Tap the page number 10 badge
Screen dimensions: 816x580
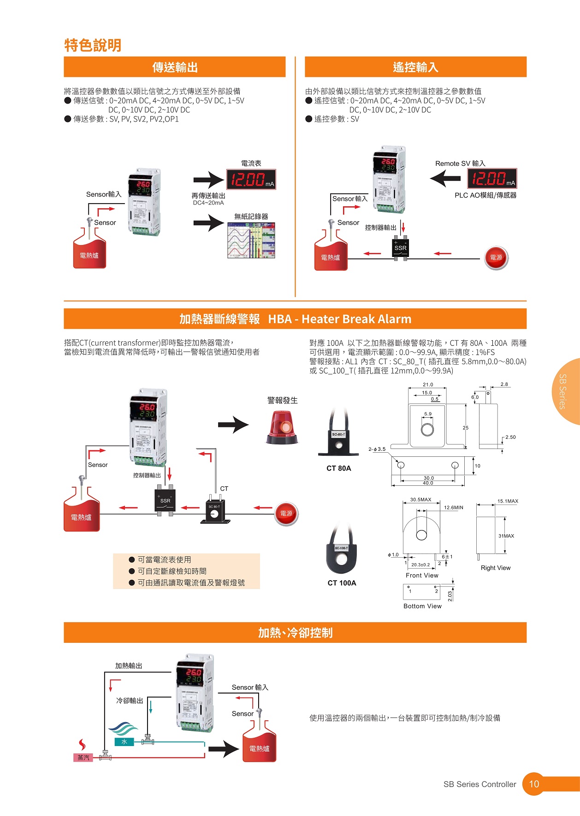click(x=533, y=784)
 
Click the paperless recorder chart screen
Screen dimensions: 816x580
click(x=251, y=240)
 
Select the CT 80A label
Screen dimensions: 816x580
click(x=338, y=468)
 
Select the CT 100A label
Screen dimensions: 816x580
click(x=342, y=583)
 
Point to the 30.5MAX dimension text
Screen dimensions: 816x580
click(x=420, y=500)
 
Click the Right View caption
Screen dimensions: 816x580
click(x=495, y=568)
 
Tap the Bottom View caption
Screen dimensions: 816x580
click(x=422, y=606)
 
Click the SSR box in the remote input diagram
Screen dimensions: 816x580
click(x=400, y=248)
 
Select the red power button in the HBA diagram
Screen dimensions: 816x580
click(x=286, y=513)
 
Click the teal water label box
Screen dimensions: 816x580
click(x=124, y=742)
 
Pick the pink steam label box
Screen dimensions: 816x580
click(x=83, y=758)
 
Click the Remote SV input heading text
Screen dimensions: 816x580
click(x=460, y=163)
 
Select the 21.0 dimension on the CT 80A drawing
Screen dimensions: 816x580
click(x=427, y=385)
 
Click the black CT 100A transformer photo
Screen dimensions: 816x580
click(x=341, y=553)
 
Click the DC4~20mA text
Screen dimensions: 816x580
click(x=208, y=203)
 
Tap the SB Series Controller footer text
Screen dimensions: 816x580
click(x=479, y=784)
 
